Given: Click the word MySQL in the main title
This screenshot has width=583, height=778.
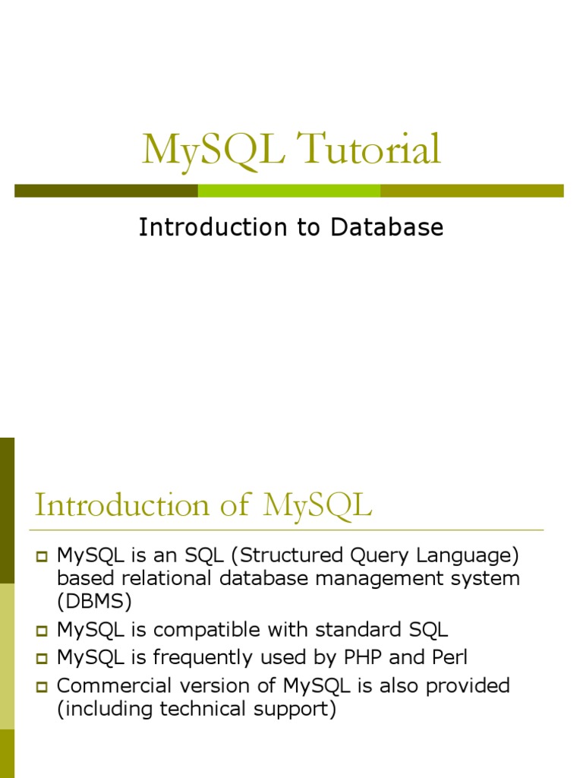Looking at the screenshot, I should (x=213, y=150).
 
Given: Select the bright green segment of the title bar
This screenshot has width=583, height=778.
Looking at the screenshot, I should (x=288, y=191).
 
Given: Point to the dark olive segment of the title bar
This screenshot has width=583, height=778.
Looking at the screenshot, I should (x=106, y=191).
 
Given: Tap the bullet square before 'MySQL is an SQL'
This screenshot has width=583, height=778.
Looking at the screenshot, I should (x=42, y=557).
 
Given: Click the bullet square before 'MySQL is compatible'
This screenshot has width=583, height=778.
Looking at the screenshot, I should (x=42, y=631).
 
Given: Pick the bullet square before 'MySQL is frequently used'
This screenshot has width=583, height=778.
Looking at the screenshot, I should (x=42, y=659).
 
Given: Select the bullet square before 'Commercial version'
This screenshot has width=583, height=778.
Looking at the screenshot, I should (x=42, y=687).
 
